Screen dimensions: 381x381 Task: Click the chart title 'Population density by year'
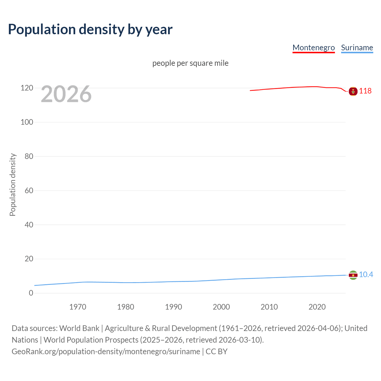(90, 29)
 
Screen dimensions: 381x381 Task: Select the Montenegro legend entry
(313, 48)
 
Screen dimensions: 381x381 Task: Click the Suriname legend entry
(357, 48)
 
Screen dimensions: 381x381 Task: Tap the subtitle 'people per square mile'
(190, 63)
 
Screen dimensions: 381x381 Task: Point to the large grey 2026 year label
(66, 94)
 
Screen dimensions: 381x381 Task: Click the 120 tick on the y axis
(27, 88)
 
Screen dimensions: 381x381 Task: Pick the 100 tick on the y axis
(27, 122)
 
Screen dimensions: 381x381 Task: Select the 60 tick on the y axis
(29, 190)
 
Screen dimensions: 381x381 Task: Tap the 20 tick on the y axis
(29, 259)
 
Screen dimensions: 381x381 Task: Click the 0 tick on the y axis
(31, 293)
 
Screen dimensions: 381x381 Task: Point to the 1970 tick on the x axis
(78, 307)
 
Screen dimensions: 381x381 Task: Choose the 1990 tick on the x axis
(174, 307)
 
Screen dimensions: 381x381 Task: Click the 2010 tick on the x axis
(269, 307)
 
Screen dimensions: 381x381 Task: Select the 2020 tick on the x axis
(317, 307)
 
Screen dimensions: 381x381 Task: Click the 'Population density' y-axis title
(13, 185)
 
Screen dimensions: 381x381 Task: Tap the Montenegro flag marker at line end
(353, 91)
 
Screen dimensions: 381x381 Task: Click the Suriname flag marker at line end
(353, 275)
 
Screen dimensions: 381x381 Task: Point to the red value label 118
(365, 91)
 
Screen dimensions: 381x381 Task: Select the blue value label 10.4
(366, 274)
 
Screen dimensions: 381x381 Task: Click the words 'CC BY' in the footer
(216, 352)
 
